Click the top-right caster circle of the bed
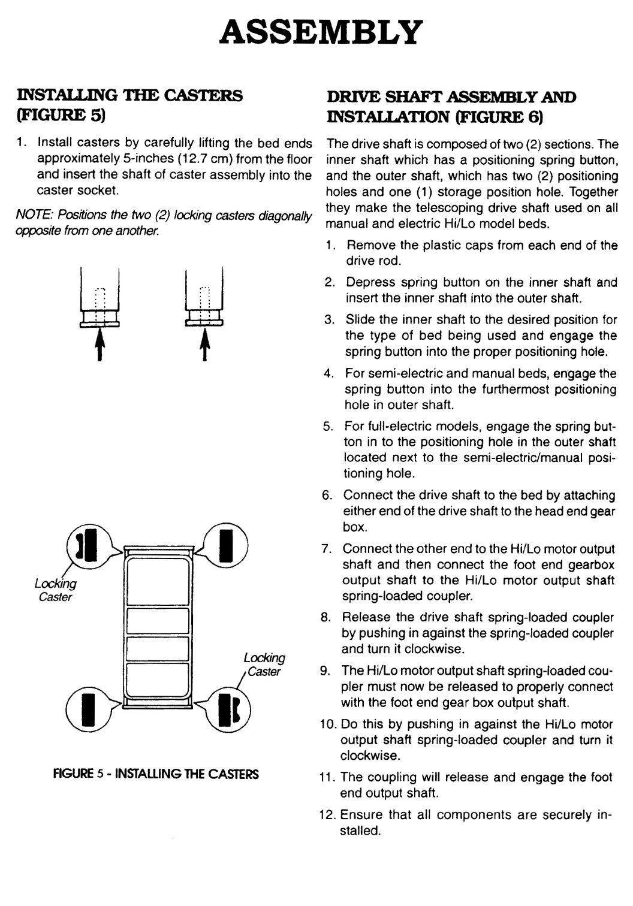[226, 545]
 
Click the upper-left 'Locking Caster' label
[55, 590]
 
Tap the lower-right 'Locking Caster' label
[264, 665]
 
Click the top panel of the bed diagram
[157, 578]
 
